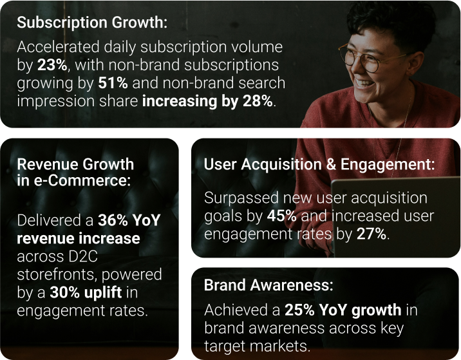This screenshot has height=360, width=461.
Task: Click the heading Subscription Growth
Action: (x=92, y=23)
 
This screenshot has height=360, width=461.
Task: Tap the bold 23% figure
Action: (x=52, y=65)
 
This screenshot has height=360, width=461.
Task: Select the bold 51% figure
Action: (x=113, y=83)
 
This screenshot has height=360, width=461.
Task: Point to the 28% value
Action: (x=258, y=101)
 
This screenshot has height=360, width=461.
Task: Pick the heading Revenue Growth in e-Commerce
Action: (x=75, y=172)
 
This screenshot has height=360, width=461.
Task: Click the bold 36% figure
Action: (x=113, y=220)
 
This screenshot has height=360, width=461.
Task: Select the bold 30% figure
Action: (x=64, y=292)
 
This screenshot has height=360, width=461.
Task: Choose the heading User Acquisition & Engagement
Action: (x=319, y=165)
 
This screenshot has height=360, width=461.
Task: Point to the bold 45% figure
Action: (x=282, y=216)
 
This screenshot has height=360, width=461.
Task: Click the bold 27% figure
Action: (x=372, y=234)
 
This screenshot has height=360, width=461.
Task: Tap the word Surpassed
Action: (x=241, y=198)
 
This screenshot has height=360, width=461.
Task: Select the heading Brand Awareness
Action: (x=268, y=285)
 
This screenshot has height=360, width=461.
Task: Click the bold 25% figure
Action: (x=299, y=310)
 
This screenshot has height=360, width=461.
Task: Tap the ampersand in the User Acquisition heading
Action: (x=331, y=164)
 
